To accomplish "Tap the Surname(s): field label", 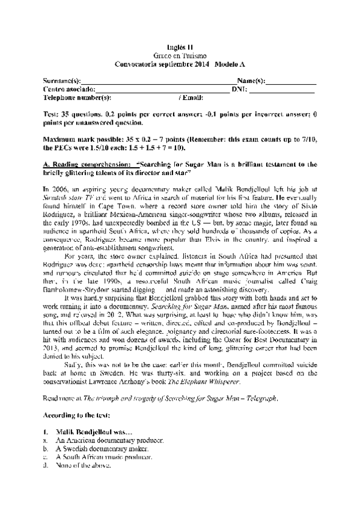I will (x=62, y=81).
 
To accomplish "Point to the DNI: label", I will (x=240, y=89).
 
